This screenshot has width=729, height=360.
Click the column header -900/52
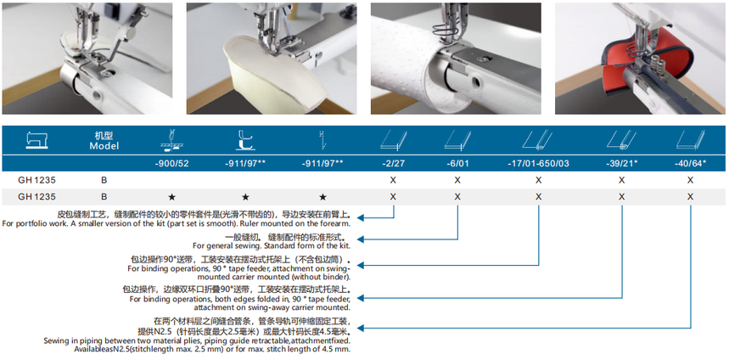click(171, 163)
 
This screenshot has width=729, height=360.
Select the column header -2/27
click(393, 163)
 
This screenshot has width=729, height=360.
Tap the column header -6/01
click(457, 163)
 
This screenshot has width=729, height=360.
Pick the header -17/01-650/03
click(538, 163)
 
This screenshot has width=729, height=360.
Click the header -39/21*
click(621, 163)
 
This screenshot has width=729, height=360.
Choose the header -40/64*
click(691, 163)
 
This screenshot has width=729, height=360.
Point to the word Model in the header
click(104, 146)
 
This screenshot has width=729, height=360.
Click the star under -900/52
click(171, 197)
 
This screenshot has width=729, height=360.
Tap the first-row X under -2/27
click(393, 180)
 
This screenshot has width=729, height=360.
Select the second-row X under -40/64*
click(691, 197)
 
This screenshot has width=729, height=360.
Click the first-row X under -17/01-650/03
click(538, 180)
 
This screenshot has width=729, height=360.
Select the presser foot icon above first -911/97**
click(245, 140)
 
